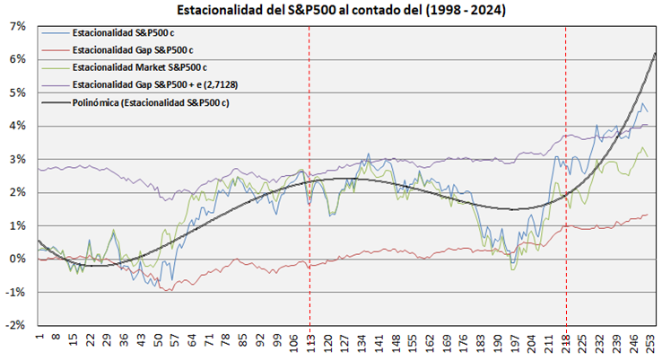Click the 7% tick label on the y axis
pos(18,26)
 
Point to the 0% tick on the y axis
pos(18,259)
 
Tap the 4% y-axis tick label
pos(18,126)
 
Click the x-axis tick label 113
pos(309,344)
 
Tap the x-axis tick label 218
pos(566,344)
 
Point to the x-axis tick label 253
pos(652,344)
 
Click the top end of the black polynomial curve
pos(655,54)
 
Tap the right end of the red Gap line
pos(648,215)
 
